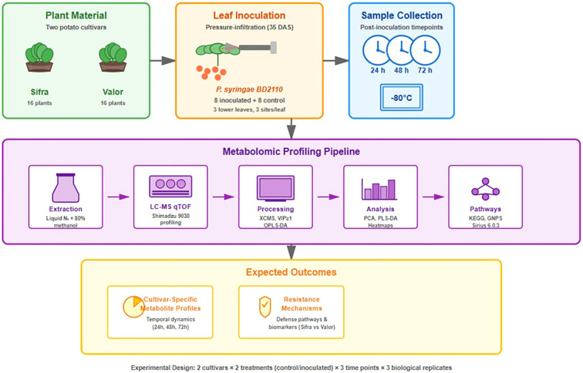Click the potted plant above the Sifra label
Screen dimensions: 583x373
39,57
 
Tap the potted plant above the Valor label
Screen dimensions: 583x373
113,57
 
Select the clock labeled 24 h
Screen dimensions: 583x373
377,50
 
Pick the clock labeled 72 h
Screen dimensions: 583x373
426,50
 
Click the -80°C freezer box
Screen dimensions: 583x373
402,98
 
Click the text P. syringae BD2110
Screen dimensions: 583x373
249,89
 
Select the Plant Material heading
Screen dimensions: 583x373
76,15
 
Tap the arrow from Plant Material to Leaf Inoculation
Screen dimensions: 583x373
163,61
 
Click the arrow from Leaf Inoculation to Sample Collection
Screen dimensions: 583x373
335,61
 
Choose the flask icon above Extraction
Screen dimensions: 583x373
66,188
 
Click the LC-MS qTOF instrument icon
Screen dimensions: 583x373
170,186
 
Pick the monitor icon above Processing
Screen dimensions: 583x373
275,188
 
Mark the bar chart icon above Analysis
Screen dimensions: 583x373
379,189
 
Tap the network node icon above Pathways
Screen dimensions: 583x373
485,190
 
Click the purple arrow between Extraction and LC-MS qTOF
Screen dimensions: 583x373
118,197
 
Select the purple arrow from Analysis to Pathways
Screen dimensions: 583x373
433,197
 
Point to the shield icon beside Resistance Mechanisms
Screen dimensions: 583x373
265,307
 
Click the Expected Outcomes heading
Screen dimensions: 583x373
291,272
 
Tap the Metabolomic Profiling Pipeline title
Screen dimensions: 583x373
291,152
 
